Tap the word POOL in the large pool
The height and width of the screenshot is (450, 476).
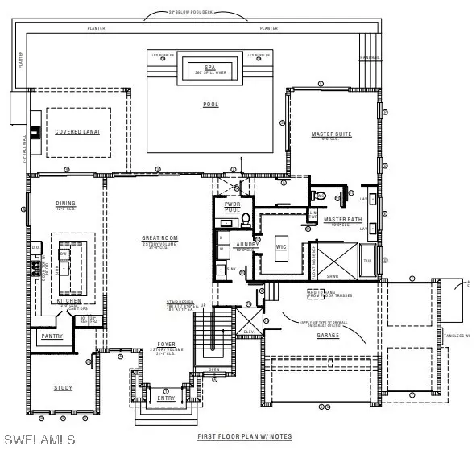(x=210, y=104)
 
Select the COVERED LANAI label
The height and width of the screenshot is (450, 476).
(x=77, y=131)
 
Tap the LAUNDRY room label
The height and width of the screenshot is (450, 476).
(x=245, y=244)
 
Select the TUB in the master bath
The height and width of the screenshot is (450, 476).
(x=367, y=261)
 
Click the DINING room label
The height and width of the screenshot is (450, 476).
(x=65, y=204)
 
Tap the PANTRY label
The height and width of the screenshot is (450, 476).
(x=52, y=336)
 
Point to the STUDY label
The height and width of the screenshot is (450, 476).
(x=63, y=388)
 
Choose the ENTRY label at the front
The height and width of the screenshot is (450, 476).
(x=166, y=398)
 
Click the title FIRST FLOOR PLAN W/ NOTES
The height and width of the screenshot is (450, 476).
(x=245, y=437)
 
